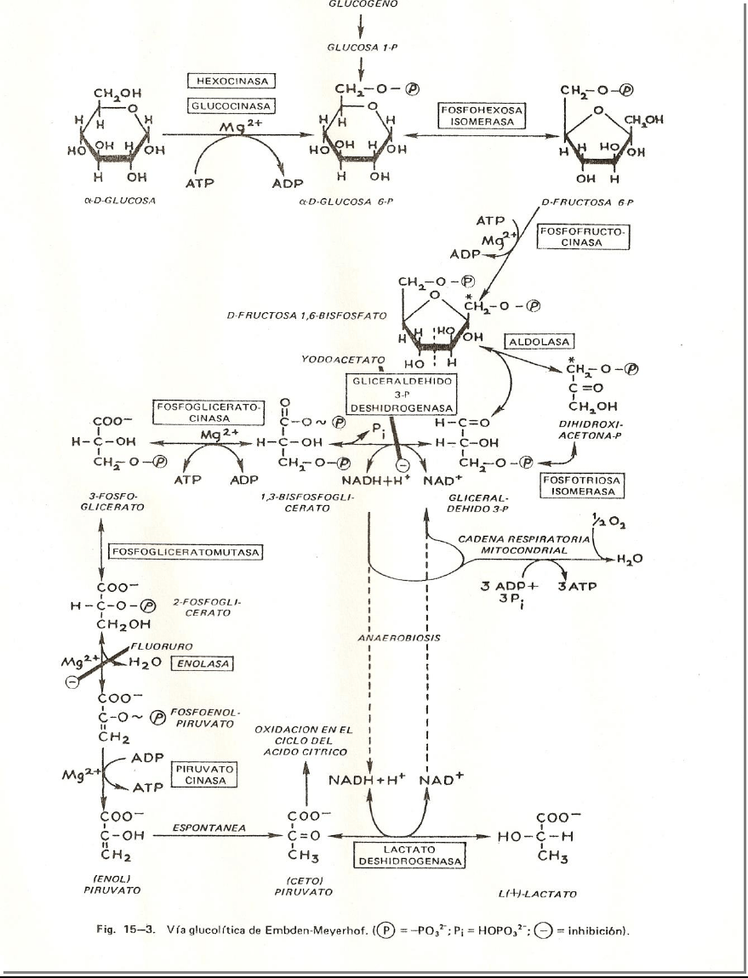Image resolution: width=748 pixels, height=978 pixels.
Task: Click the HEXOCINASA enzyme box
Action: tap(232, 82)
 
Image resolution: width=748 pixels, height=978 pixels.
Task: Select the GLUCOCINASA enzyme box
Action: tap(232, 106)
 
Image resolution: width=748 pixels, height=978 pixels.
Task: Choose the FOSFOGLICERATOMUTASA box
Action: tap(183, 551)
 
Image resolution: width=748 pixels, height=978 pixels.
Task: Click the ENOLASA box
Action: tap(191, 662)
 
